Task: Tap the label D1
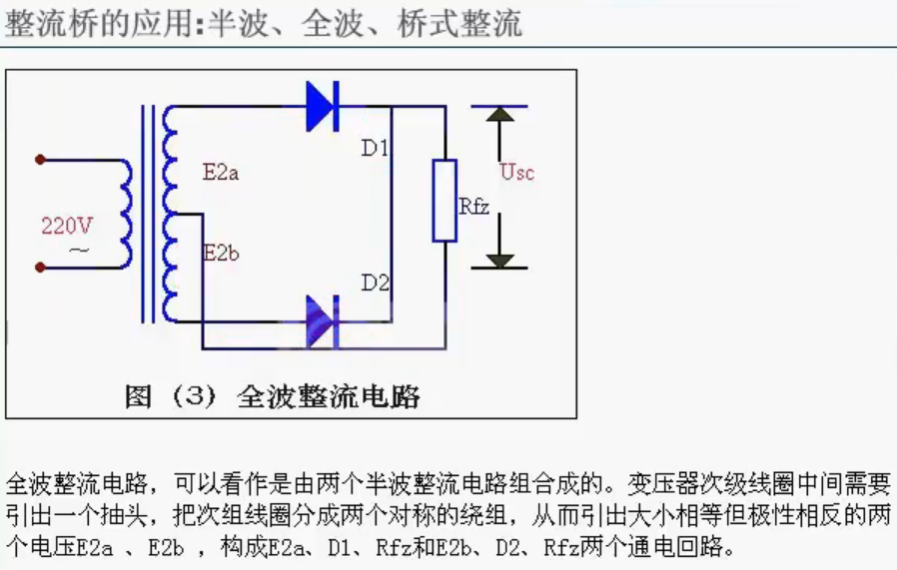coord(376,149)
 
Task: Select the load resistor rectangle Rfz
coord(445,200)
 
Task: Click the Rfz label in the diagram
coord(473,207)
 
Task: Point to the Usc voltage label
coord(516,172)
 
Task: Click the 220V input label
coord(67,226)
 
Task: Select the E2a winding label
coord(220,172)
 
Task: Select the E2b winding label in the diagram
coord(220,254)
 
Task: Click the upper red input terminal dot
coord(40,159)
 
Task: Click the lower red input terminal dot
coord(40,267)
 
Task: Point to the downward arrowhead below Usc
coord(499,261)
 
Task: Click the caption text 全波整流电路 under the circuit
coord(329,396)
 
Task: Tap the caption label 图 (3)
coord(170,396)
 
